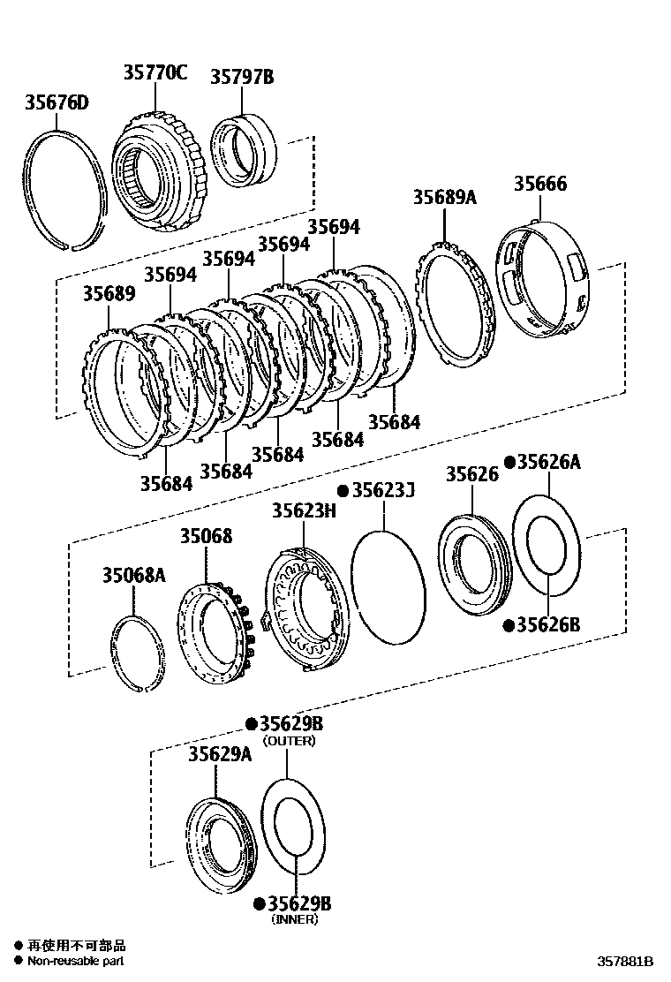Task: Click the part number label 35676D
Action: (x=56, y=104)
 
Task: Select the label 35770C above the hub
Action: (x=155, y=73)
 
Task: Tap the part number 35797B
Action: (x=242, y=77)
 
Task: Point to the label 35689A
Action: (x=444, y=197)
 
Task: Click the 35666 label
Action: (x=540, y=184)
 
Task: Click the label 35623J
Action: (x=382, y=490)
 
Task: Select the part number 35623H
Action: (x=304, y=510)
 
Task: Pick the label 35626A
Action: (x=548, y=461)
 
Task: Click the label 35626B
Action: (x=548, y=624)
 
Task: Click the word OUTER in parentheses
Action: (x=290, y=741)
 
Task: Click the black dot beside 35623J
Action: (x=343, y=491)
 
